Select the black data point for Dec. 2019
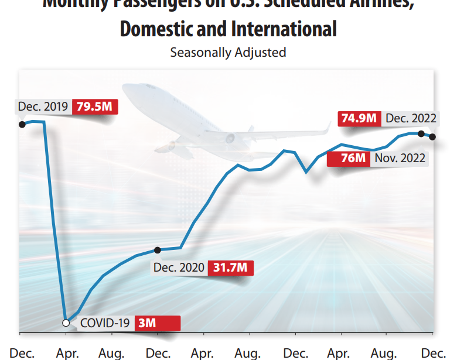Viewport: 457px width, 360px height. coord(22,124)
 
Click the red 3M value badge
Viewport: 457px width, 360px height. coord(156,323)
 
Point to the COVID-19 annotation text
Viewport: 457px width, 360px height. coord(104,323)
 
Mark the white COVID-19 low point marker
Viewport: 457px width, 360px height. coord(66,323)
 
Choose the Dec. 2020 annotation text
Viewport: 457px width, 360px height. coord(179,268)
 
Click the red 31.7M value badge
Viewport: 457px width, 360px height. coord(230,268)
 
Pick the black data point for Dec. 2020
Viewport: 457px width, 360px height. coord(157,251)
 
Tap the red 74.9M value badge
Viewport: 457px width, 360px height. coord(359,118)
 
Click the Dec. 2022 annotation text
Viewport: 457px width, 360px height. coord(411,118)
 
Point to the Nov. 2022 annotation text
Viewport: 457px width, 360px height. coord(400,158)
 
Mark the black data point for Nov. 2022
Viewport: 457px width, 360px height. coord(421,134)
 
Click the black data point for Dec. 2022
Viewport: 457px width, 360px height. coord(432,137)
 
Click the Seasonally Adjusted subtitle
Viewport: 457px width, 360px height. coord(228,52)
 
